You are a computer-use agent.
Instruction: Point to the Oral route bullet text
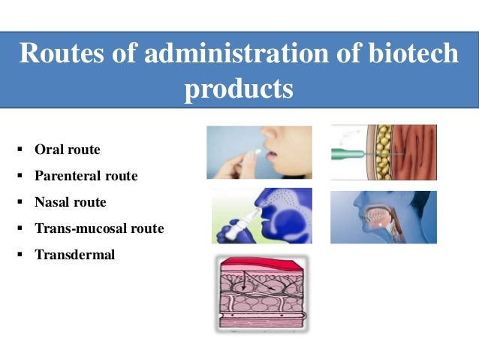[67, 150]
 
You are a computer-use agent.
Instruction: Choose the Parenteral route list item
[86, 176]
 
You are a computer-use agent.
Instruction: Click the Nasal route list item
[70, 202]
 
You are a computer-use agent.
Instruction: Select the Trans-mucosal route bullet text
[98, 228]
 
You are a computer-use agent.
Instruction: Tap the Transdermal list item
[74, 254]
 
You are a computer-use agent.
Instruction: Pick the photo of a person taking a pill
[259, 152]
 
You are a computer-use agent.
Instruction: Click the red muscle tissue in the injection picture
[417, 153]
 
